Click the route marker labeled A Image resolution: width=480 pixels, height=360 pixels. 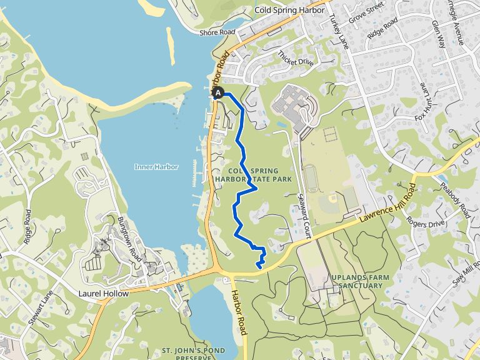[218, 93]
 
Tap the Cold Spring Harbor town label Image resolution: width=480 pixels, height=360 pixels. [289, 11]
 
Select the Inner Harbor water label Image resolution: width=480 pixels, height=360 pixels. [156, 167]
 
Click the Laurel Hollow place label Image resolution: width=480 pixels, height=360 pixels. [104, 293]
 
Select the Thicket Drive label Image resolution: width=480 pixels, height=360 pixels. [296, 58]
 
